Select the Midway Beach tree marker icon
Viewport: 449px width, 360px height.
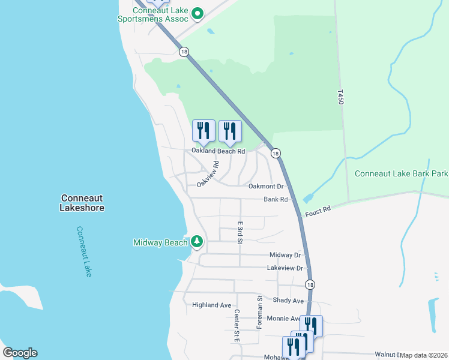[x=196, y=242]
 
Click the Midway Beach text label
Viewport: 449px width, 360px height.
[x=160, y=242]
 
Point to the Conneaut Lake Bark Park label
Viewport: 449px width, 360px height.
[x=401, y=174]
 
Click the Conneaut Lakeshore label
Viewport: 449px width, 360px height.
[x=82, y=203]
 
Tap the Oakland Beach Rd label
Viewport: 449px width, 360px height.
[x=218, y=151]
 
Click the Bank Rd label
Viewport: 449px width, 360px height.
[x=276, y=199]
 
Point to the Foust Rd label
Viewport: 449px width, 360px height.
[x=318, y=211]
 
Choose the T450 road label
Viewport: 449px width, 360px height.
[x=340, y=98]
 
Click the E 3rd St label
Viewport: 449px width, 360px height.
[x=240, y=232]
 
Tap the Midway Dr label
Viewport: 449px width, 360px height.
[x=285, y=255]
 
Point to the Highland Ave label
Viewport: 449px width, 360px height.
[x=211, y=305]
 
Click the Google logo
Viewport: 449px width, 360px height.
[x=20, y=353]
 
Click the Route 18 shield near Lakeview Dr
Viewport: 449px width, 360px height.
[x=309, y=284]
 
